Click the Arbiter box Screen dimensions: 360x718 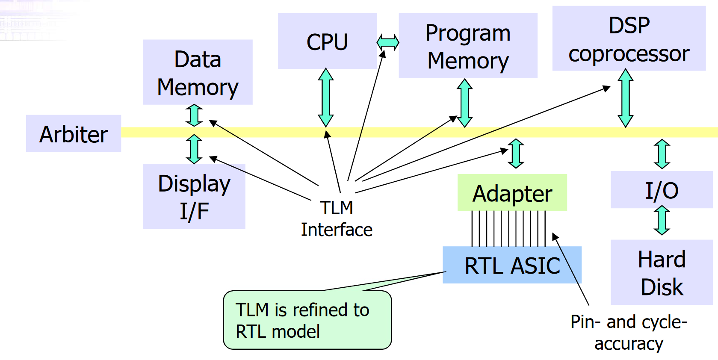(74, 133)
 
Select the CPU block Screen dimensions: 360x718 (327, 41)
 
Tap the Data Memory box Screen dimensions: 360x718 (198, 72)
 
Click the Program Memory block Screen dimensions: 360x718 (468, 46)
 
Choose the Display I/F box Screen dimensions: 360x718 (194, 196)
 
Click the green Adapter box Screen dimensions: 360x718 (512, 193)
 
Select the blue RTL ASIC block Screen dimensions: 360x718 (512, 265)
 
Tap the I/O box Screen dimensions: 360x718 (662, 190)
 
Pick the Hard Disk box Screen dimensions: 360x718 (662, 272)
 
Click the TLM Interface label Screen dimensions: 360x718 (337, 219)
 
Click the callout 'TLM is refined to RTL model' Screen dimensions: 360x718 (307, 320)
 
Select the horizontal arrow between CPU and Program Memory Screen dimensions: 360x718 (388, 42)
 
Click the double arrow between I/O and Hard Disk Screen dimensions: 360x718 (662, 220)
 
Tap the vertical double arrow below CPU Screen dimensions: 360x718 (326, 97)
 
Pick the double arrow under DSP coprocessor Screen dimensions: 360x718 (626, 98)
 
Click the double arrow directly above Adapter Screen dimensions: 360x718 (516, 153)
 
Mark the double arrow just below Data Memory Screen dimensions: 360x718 (194, 115)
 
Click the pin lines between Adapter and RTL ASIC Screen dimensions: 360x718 (508, 229)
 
